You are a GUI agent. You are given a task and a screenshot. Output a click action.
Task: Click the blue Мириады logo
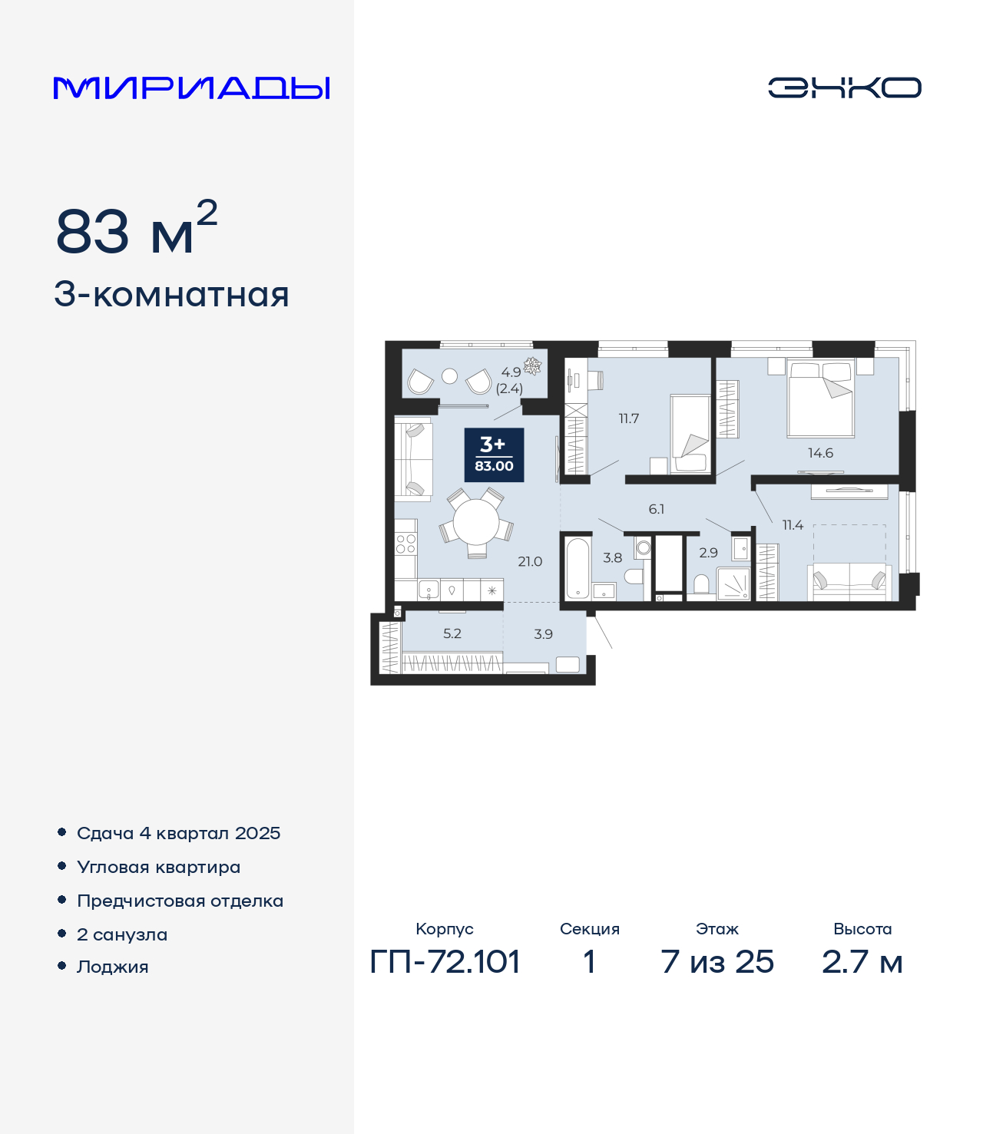[191, 88]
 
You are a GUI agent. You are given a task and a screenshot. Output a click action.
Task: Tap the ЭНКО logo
[844, 88]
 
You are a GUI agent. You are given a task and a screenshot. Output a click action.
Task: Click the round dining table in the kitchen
[476, 521]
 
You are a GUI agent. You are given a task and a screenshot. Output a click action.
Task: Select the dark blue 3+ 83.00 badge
[494, 455]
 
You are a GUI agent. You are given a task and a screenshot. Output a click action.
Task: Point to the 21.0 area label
[530, 561]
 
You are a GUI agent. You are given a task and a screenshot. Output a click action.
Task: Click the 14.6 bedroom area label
[820, 453]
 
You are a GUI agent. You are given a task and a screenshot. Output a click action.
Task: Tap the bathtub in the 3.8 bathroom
[578, 568]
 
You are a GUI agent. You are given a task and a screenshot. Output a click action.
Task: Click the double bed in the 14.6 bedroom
[820, 398]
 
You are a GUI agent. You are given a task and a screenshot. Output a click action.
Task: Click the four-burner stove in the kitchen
[405, 544]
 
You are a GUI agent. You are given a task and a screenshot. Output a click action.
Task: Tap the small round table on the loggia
[449, 375]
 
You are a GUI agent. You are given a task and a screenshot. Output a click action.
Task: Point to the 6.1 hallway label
[656, 508]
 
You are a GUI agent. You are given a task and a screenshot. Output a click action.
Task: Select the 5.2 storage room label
[452, 633]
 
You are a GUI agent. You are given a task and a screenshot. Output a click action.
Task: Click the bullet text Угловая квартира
[159, 867]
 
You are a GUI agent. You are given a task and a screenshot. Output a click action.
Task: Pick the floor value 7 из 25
[717, 962]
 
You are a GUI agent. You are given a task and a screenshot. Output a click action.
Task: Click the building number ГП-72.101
[445, 962]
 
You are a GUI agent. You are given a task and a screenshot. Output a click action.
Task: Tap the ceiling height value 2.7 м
[862, 962]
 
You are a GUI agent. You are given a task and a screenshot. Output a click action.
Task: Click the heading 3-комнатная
[171, 295]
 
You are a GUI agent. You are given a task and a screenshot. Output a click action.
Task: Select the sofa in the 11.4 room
[849, 582]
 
